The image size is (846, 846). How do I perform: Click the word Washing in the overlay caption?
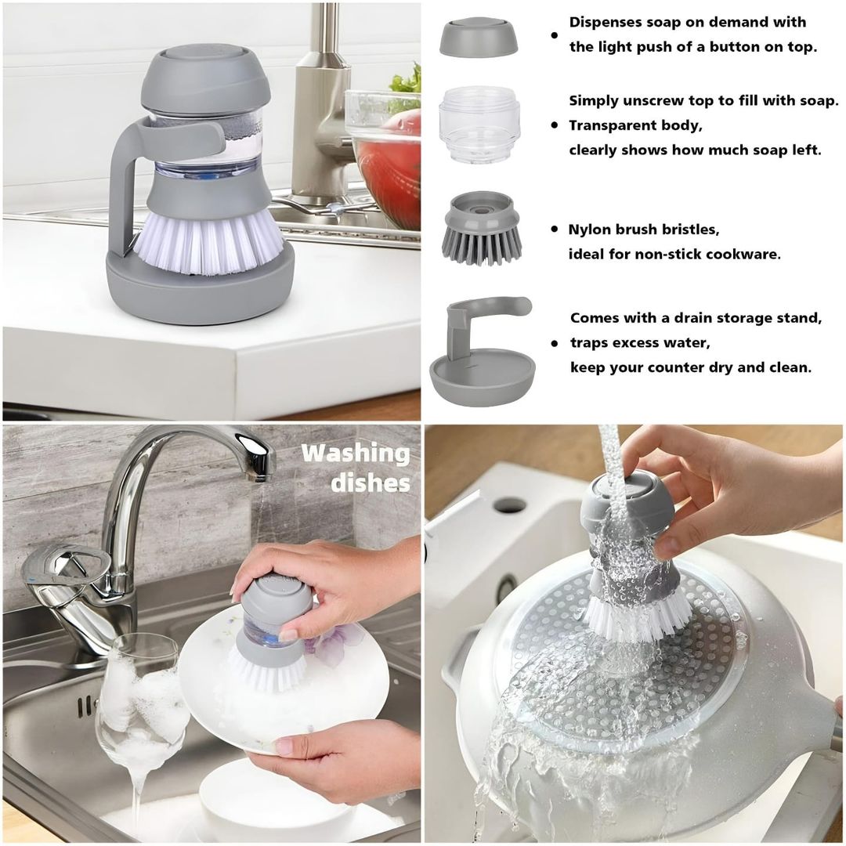click(x=355, y=454)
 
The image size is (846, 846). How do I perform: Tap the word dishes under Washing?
click(x=371, y=483)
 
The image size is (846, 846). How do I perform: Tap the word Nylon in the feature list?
click(x=590, y=230)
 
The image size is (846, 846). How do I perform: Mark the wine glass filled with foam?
click(x=141, y=705)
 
